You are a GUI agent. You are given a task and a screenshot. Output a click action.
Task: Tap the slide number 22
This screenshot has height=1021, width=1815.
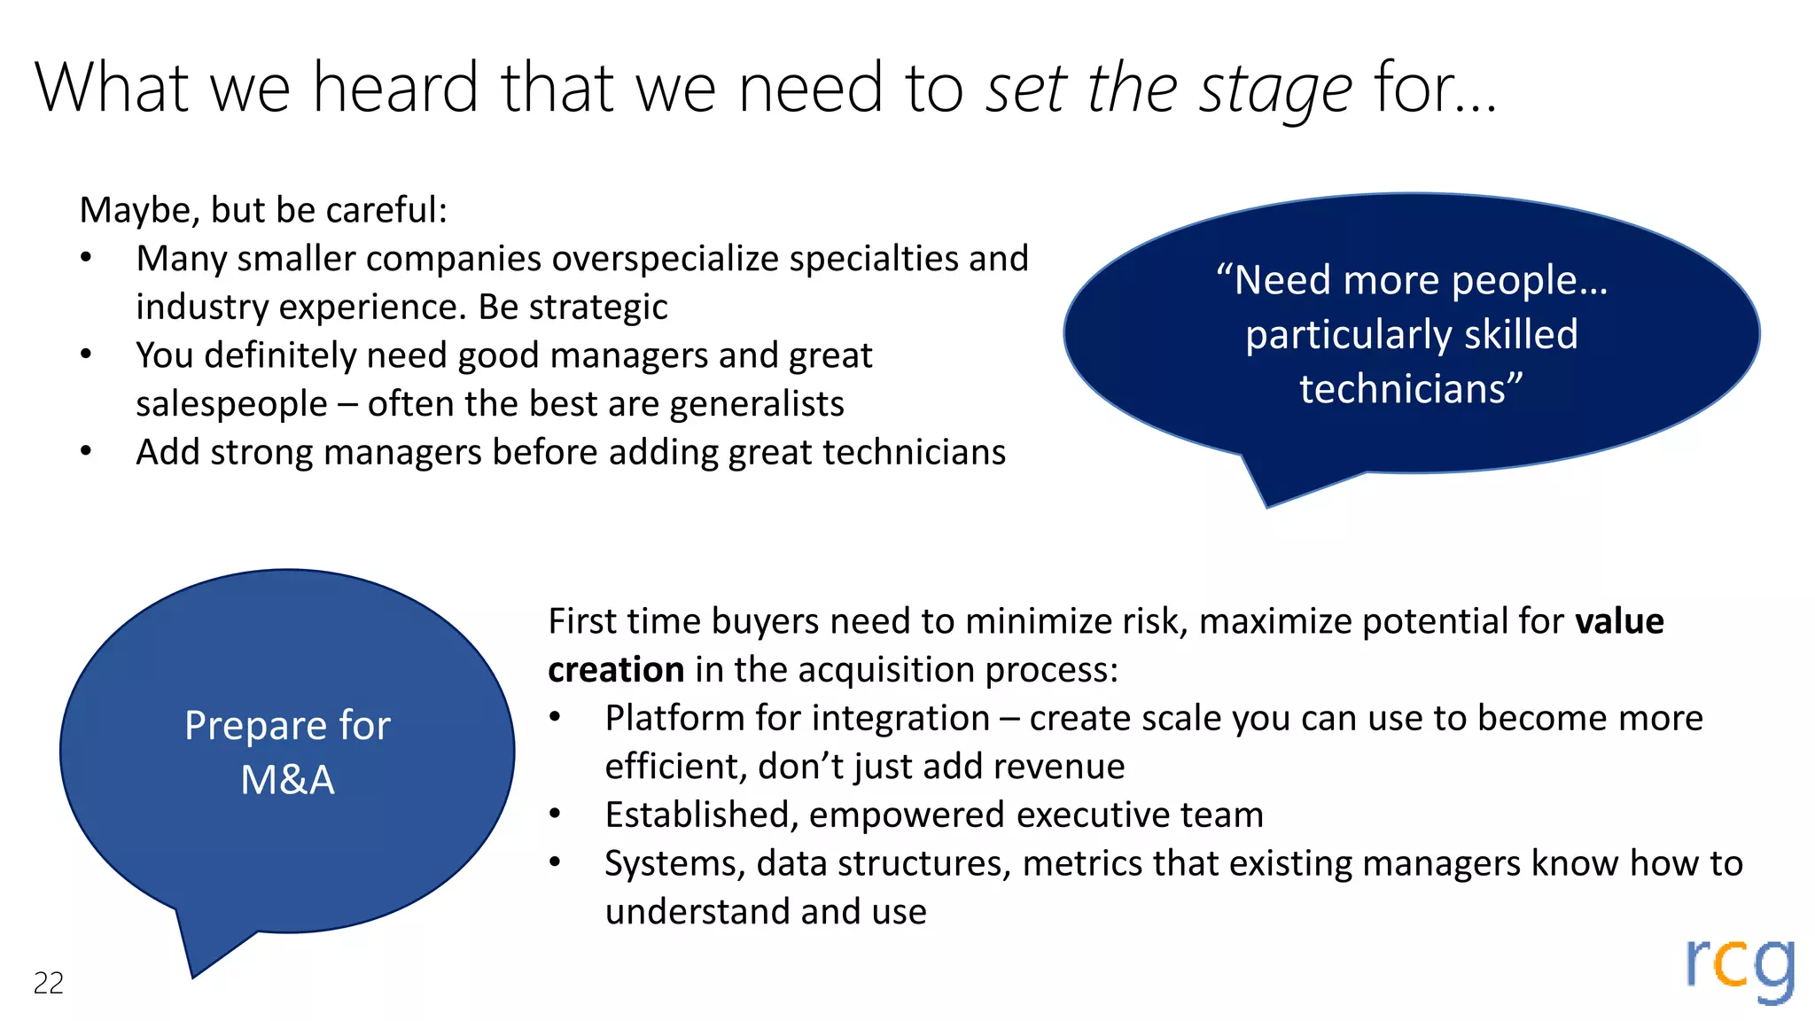tap(49, 983)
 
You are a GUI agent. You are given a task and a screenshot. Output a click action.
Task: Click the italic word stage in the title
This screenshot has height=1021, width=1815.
tap(1275, 90)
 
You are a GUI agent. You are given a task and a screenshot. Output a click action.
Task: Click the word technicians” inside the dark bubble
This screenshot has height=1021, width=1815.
tap(1411, 389)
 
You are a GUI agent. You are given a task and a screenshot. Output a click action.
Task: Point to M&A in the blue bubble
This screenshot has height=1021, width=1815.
tap(287, 780)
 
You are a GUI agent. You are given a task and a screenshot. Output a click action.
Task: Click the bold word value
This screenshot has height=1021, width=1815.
tap(1618, 620)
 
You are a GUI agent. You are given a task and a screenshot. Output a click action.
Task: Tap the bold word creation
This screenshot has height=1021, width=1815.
tap(616, 669)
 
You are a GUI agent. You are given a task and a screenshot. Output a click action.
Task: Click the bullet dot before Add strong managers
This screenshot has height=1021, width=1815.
tap(86, 451)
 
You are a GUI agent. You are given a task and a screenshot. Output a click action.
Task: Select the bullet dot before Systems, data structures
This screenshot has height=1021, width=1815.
tap(555, 862)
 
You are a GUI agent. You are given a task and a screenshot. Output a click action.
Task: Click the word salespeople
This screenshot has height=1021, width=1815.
tap(231, 404)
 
